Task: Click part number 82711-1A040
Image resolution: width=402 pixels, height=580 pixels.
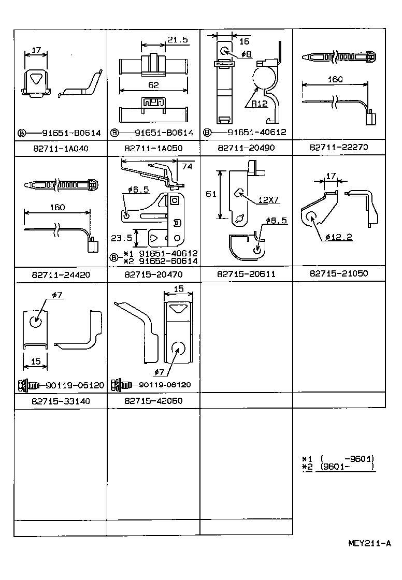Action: tap(60, 148)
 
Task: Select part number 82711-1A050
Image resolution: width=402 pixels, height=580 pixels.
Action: tap(153, 148)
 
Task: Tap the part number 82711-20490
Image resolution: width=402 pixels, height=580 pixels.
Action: tap(246, 148)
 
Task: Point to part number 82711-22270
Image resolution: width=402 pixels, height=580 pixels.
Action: tap(339, 147)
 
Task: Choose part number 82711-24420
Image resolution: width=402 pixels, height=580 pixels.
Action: tap(60, 275)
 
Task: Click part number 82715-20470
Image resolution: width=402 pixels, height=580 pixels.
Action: tap(153, 274)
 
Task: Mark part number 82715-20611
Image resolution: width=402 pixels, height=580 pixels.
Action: tap(246, 274)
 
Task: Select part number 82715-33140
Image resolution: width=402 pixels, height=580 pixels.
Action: tap(60, 401)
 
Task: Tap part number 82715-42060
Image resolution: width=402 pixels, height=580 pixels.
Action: tap(153, 401)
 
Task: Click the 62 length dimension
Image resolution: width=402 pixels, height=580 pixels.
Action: tap(153, 85)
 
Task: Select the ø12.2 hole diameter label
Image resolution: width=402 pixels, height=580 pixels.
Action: tap(339, 237)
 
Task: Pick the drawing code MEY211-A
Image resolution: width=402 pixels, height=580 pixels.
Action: tap(369, 543)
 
